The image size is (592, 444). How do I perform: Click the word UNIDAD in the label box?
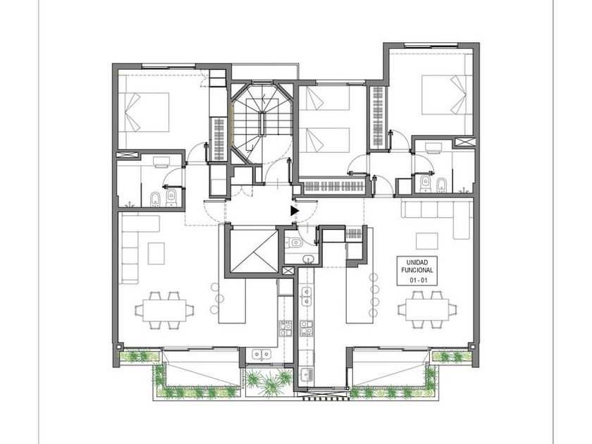point(417,262)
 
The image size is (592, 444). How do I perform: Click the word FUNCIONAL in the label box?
point(417,271)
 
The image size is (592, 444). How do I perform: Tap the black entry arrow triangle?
point(295,211)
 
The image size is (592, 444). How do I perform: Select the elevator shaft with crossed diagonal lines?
point(253,250)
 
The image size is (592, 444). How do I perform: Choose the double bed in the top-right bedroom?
point(447,94)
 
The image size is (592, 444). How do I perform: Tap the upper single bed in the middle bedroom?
point(325,99)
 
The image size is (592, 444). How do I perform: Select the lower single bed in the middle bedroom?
point(325,140)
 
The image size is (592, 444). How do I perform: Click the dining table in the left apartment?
point(164,310)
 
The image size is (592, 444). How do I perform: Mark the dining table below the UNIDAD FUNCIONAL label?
point(427,310)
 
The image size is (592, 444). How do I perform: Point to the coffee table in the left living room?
point(156,253)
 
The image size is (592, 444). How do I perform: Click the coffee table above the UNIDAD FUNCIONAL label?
point(427,241)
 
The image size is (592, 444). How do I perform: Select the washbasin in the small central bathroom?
point(309,259)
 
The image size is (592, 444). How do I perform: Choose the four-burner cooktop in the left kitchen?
point(285,328)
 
